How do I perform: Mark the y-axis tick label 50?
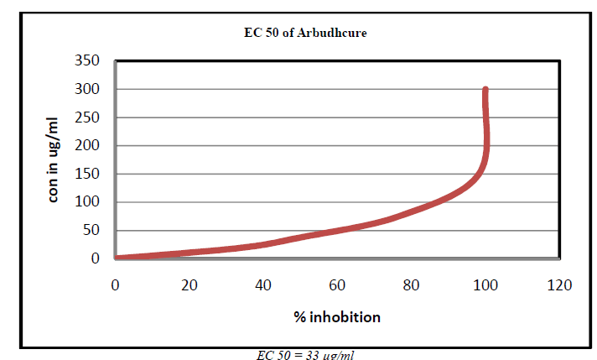(x=91, y=231)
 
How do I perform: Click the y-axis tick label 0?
(x=96, y=258)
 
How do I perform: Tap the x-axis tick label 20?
(x=189, y=285)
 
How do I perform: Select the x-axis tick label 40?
(x=263, y=285)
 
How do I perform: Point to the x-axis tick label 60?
(x=337, y=285)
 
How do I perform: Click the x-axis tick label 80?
(x=411, y=285)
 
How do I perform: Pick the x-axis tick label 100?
(x=485, y=285)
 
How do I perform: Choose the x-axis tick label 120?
(x=559, y=285)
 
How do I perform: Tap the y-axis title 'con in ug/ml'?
(x=54, y=159)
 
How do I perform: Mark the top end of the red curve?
(x=485, y=89)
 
